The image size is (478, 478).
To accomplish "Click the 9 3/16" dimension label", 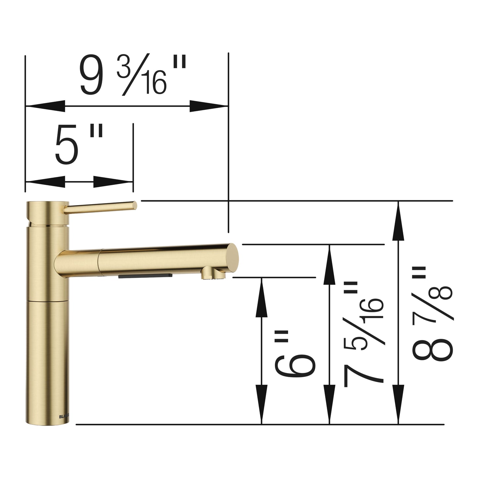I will tap(132, 75).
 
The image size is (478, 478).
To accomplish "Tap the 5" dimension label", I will tap(79, 145).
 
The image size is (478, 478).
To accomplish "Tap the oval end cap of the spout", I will tap(233, 256).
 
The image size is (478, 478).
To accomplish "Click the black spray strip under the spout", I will tap(146, 275).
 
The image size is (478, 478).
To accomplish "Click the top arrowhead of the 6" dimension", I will tap(262, 297).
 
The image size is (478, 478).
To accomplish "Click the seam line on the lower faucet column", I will tap(47, 301).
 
